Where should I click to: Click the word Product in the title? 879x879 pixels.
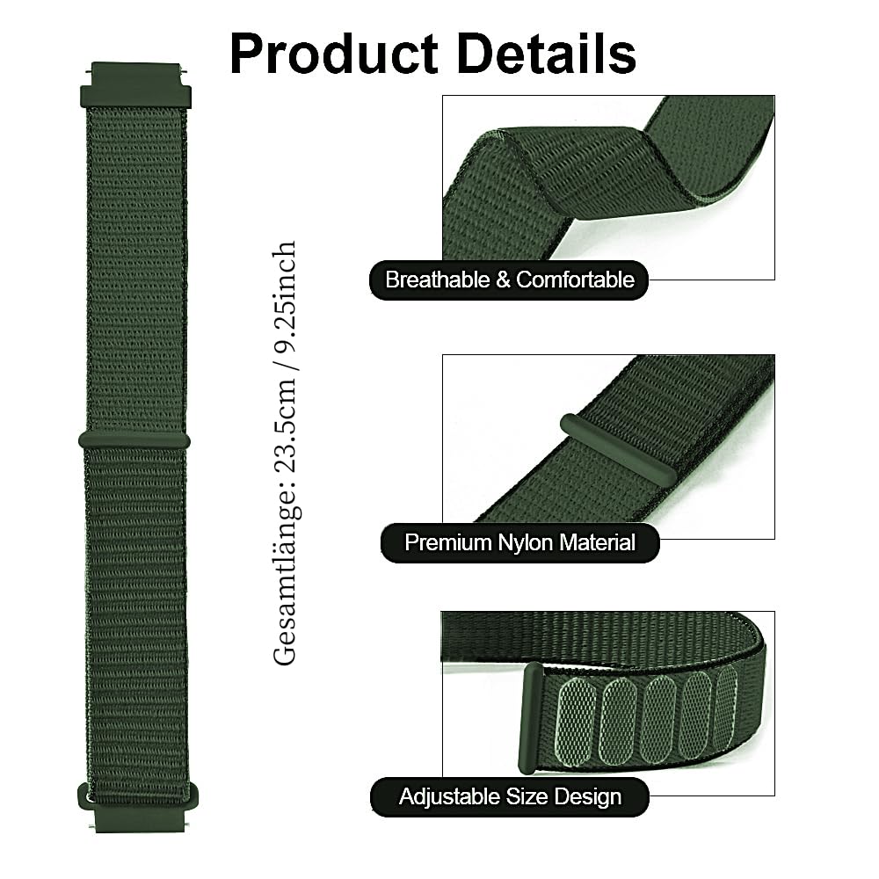[x=333, y=54]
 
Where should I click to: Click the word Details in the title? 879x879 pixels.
[x=547, y=54]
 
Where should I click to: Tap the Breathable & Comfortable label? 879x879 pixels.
[x=509, y=280]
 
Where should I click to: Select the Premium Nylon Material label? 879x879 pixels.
[x=519, y=542]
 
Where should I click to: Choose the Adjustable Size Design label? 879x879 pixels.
[x=510, y=796]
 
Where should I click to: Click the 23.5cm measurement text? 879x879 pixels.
[x=285, y=425]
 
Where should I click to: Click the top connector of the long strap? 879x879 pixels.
[x=135, y=85]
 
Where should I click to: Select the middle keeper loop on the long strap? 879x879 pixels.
[x=134, y=440]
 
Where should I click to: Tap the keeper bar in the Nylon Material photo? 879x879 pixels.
[x=619, y=451]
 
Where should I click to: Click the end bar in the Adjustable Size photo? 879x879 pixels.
[x=531, y=718]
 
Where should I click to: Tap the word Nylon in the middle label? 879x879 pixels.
[x=526, y=542]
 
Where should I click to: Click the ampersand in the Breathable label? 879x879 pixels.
[x=503, y=280]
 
